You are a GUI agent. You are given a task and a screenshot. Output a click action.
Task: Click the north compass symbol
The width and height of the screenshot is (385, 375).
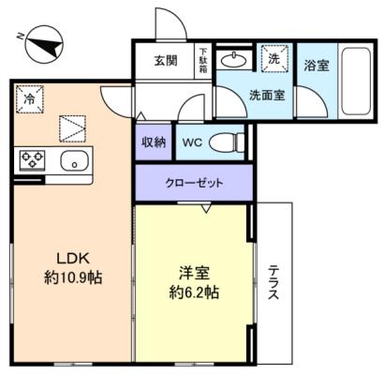click(44, 44)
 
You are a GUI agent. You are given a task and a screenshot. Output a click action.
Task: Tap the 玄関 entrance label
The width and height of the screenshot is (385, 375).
click(166, 61)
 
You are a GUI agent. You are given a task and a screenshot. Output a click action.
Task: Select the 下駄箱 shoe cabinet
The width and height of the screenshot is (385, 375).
click(203, 61)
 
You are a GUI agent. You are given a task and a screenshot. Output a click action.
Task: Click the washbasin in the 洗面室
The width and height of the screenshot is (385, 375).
click(234, 60)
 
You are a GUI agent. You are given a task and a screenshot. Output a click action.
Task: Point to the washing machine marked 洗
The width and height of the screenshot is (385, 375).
click(274, 59)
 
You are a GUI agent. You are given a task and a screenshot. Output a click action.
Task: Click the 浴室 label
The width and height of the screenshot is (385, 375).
click(317, 66)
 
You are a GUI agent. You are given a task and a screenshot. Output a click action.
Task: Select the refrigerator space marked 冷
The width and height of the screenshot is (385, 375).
click(30, 99)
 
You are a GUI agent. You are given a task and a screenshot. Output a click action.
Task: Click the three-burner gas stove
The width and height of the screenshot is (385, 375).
click(33, 160)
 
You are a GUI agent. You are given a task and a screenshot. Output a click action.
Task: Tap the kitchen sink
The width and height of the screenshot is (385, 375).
click(74, 160)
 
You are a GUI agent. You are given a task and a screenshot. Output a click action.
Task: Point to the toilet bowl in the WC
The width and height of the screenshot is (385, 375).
click(227, 143)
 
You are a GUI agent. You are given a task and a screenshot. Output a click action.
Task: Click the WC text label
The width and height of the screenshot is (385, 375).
click(192, 142)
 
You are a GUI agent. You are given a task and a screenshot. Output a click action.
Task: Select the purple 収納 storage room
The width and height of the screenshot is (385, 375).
click(154, 142)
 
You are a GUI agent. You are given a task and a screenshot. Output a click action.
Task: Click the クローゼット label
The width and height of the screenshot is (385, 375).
click(194, 183)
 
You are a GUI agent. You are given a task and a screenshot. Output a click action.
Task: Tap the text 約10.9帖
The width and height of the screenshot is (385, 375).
click(73, 277)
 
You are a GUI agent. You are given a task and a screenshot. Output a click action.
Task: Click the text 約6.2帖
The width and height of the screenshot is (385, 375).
click(194, 292)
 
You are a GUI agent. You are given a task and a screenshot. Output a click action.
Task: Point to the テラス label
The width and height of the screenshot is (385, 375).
click(274, 282)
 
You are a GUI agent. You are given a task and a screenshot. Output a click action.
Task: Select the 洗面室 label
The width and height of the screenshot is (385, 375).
click(267, 95)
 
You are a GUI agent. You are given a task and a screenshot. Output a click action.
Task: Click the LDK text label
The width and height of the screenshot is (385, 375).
click(73, 259)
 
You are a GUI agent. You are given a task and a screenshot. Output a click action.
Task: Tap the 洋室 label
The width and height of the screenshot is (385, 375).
click(194, 274)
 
